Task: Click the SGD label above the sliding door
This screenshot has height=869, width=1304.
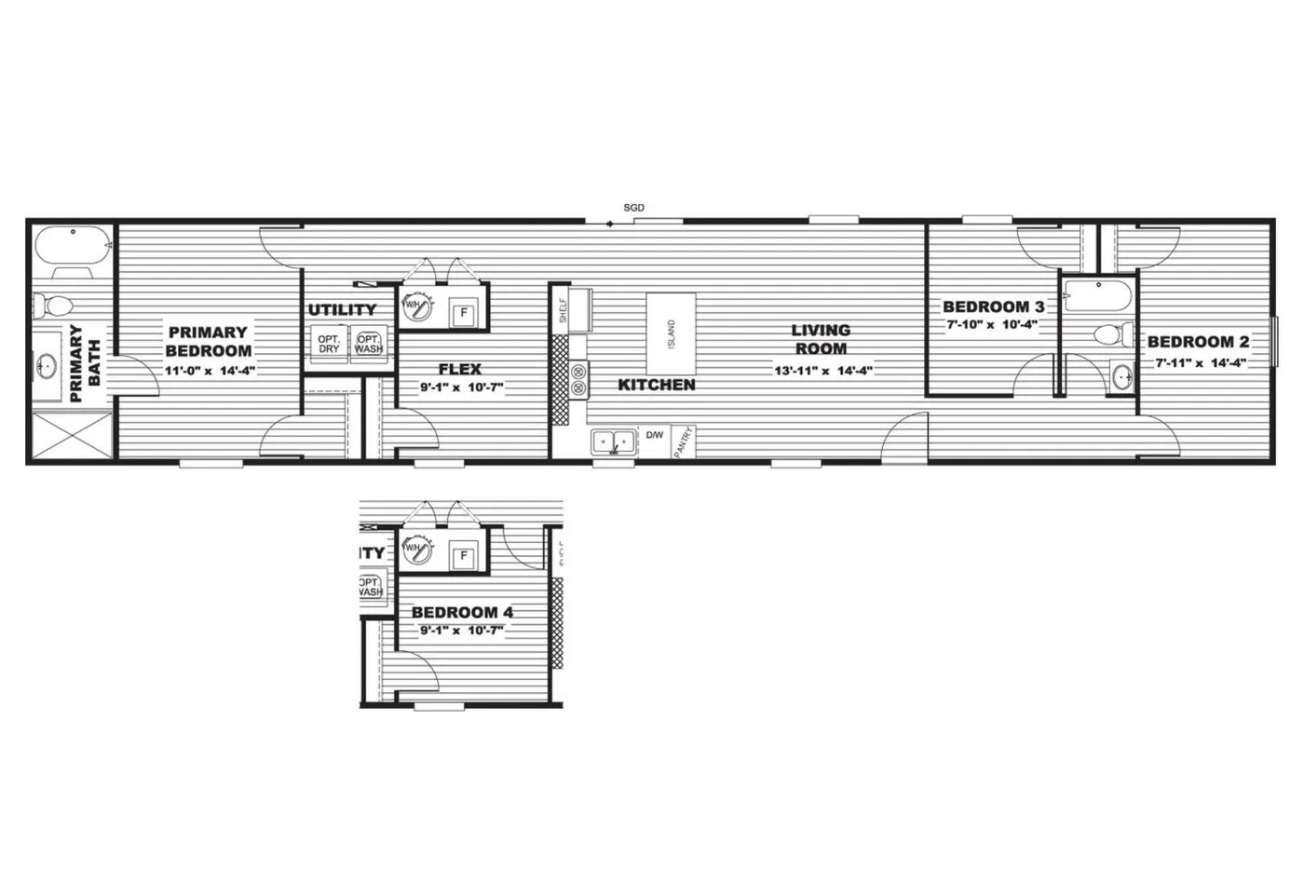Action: coord(633,208)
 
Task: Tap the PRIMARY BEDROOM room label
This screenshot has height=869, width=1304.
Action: coord(209,341)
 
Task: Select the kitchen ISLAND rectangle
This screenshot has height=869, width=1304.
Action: coord(672,333)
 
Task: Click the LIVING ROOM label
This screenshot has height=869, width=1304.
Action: coord(821,339)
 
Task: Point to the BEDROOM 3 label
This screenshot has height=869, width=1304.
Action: coord(993,306)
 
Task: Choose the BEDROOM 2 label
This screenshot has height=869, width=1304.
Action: coord(1198,342)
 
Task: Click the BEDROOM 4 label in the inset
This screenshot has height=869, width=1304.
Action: coord(462,612)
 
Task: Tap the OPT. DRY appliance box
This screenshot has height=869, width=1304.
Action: coord(328,344)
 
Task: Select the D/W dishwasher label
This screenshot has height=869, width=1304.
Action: coord(655,435)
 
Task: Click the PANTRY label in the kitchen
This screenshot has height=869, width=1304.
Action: coord(684,441)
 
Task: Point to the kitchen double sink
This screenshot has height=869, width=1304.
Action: coord(613,441)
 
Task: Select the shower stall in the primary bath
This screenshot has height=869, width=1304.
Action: coord(71,435)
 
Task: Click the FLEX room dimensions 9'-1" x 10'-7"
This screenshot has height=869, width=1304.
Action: coord(461,387)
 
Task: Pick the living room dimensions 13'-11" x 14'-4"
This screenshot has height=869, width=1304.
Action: coord(822,370)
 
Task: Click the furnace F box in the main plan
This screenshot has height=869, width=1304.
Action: coord(463,313)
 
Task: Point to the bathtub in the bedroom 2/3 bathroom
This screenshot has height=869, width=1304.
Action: coord(1098,297)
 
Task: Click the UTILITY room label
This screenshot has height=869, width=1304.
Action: coord(342,310)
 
